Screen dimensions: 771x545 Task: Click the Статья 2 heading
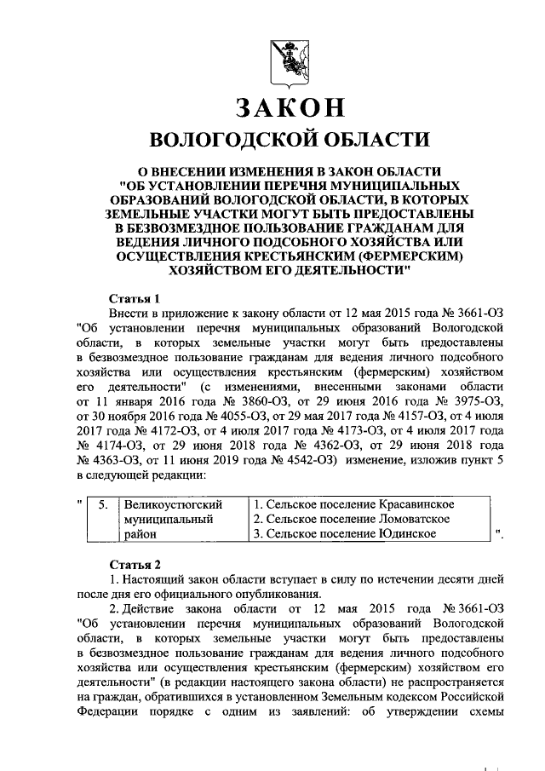pos(135,564)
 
